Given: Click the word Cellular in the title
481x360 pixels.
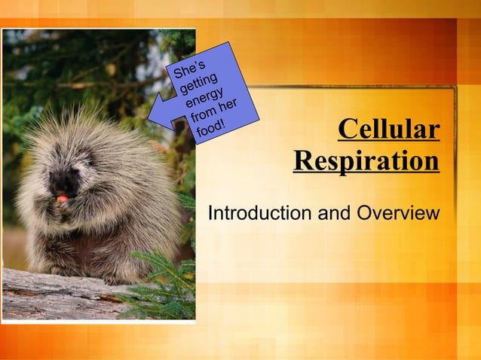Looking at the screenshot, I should click(x=388, y=129).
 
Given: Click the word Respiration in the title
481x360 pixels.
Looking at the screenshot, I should click(x=366, y=160).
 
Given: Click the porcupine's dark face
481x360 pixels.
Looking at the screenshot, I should click(x=63, y=181).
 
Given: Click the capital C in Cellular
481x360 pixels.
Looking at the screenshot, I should click(x=348, y=129).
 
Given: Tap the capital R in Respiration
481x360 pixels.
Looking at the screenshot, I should click(x=303, y=160).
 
